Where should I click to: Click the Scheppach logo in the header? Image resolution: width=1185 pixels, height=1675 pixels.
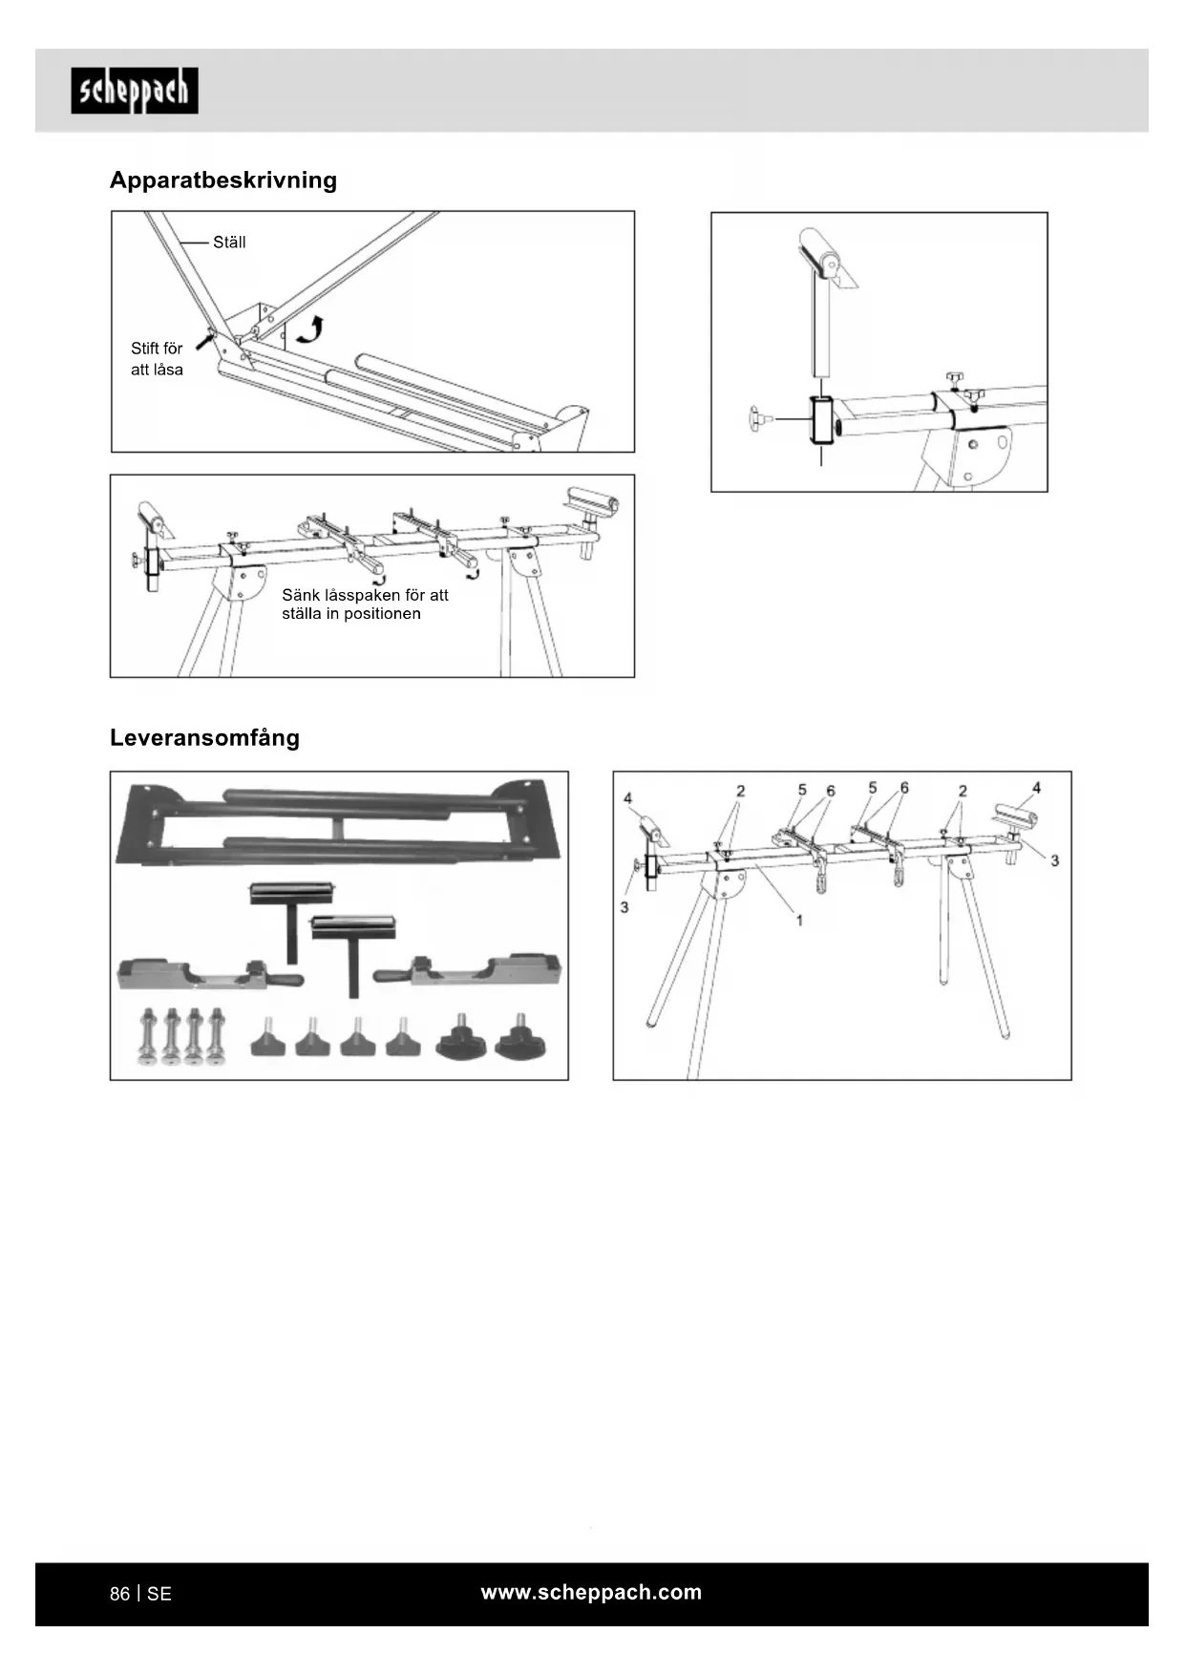click(135, 91)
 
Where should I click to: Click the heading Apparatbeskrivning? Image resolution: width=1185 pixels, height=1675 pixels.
click(223, 180)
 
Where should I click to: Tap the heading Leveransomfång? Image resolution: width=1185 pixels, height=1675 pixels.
click(204, 737)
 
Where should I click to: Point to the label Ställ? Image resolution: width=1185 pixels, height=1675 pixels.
click(229, 243)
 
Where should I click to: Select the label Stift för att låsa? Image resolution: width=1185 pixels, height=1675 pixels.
click(157, 359)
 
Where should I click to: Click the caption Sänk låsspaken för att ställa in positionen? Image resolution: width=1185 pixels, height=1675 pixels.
click(364, 604)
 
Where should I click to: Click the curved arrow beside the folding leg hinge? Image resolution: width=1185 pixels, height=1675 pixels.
click(310, 330)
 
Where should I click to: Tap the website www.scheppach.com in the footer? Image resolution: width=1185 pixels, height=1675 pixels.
click(591, 1592)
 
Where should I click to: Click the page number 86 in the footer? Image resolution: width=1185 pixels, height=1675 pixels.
click(119, 1594)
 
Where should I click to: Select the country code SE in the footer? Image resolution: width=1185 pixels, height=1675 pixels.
click(159, 1594)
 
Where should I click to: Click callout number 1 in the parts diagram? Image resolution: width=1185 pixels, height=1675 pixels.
click(799, 921)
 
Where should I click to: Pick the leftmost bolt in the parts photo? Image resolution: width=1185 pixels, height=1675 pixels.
click(148, 1036)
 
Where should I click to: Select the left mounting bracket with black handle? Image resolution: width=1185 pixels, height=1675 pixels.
click(210, 972)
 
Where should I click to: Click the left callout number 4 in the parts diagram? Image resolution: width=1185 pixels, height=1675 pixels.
click(627, 798)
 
